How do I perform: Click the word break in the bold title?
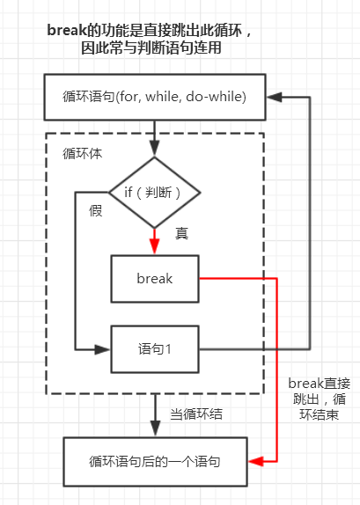pos(67,31)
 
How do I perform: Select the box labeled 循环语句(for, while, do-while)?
pos(155,97)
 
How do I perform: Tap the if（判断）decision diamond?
pos(155,193)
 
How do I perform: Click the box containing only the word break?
pos(155,279)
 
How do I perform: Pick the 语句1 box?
pos(155,349)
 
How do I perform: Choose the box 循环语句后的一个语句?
pos(155,462)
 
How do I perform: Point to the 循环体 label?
pos(82,153)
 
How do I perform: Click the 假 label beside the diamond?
pos(96,211)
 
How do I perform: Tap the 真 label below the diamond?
pos(182,233)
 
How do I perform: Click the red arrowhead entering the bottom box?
pos(255,462)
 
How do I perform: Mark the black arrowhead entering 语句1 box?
pos(102,349)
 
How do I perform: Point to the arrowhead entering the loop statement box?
pos(275,97)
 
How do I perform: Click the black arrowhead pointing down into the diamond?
pos(155,149)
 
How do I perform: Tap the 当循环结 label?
pos(196,414)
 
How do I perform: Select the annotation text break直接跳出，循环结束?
pos(319,399)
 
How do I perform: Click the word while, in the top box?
pos(162,97)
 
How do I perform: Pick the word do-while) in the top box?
pos(217,97)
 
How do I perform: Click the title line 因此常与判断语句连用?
pos(151,48)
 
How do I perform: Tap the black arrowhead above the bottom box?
pos(155,429)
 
